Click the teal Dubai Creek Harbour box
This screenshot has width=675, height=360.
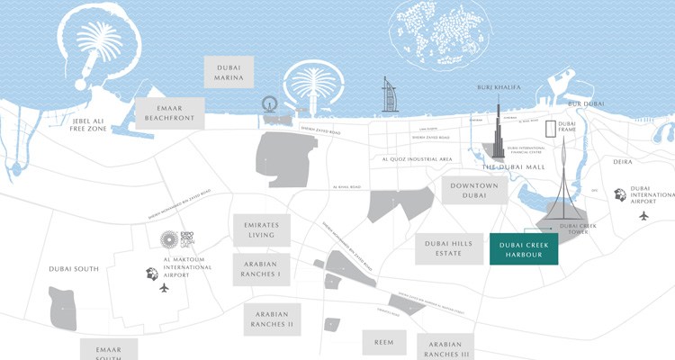point(524,249)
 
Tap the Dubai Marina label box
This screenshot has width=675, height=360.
point(229,72)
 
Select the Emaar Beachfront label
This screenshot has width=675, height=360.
point(169,112)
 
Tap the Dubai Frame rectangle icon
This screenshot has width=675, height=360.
point(551,131)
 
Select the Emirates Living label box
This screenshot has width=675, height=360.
point(261,230)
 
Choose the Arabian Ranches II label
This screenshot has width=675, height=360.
point(273,318)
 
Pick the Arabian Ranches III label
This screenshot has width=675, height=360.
point(445,346)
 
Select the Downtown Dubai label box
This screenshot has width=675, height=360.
point(468,191)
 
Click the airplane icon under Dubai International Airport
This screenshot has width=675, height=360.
point(643,216)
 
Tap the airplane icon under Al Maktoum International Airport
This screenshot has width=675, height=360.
point(164,288)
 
